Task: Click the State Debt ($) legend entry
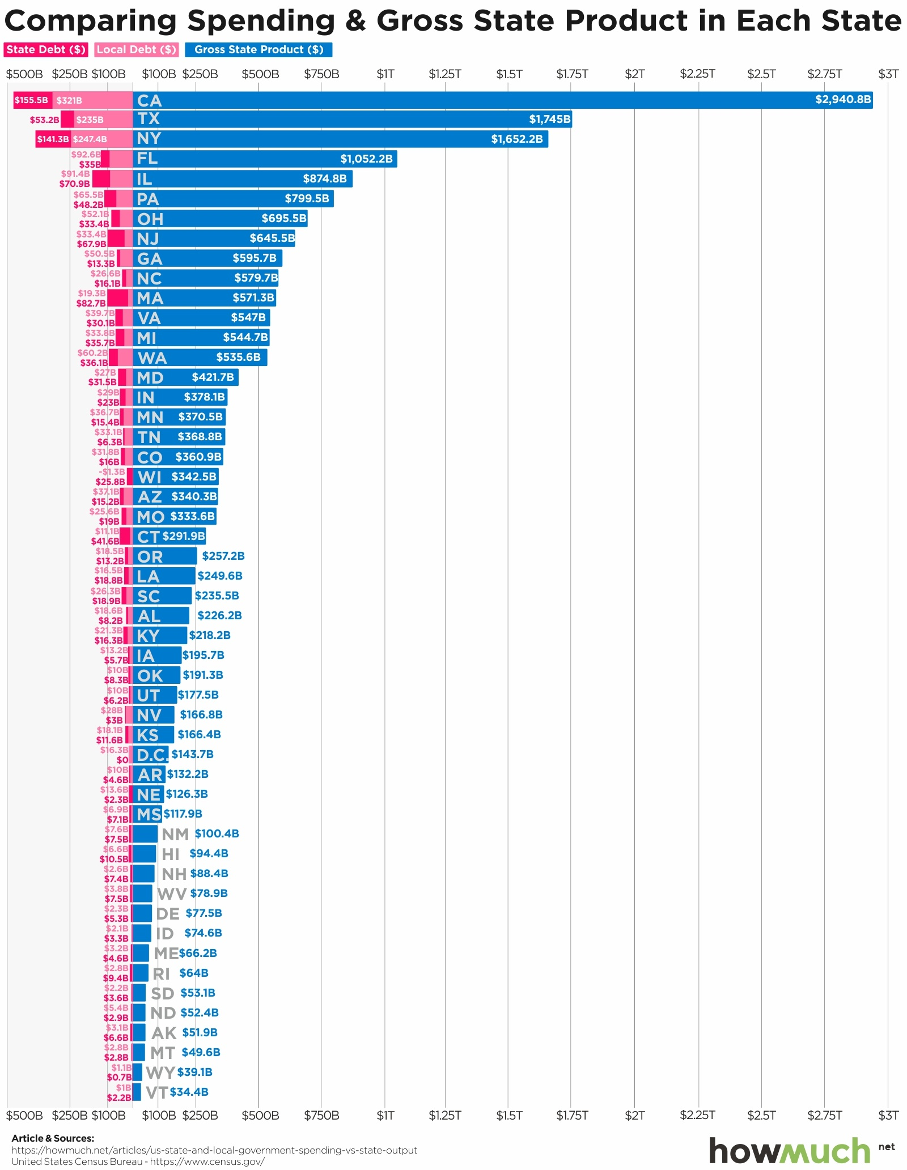pos(46,50)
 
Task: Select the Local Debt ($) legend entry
pos(137,50)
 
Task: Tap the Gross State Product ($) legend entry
pos(258,50)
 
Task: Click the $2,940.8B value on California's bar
pos(842,100)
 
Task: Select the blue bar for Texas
pos(351,120)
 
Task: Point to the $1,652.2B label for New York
pos(516,139)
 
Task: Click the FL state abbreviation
pos(147,159)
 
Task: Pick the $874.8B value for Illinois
pos(324,179)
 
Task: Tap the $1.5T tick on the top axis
pos(508,74)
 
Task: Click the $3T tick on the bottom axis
pos(888,1116)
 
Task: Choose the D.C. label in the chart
pos(152,755)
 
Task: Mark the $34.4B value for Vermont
pos(189,1092)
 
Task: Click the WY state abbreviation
pos(160,1073)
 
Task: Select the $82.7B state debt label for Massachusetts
pos(91,303)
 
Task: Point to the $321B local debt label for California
pos(69,100)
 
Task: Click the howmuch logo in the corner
pos(790,1151)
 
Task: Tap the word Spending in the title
pos(261,22)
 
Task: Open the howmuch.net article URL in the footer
pos(214,1150)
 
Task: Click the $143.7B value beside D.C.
pos(192,754)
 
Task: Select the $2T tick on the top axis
pos(634,74)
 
